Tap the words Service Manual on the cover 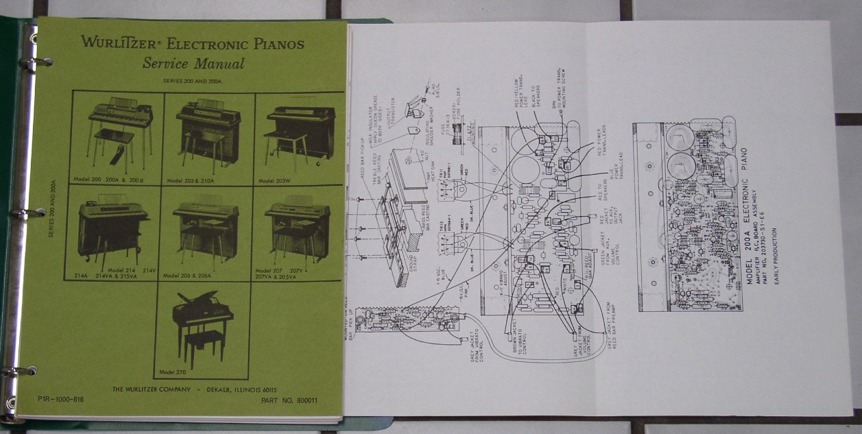click(x=193, y=64)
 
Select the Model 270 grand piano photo click(x=202, y=329)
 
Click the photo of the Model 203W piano click(x=300, y=134)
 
